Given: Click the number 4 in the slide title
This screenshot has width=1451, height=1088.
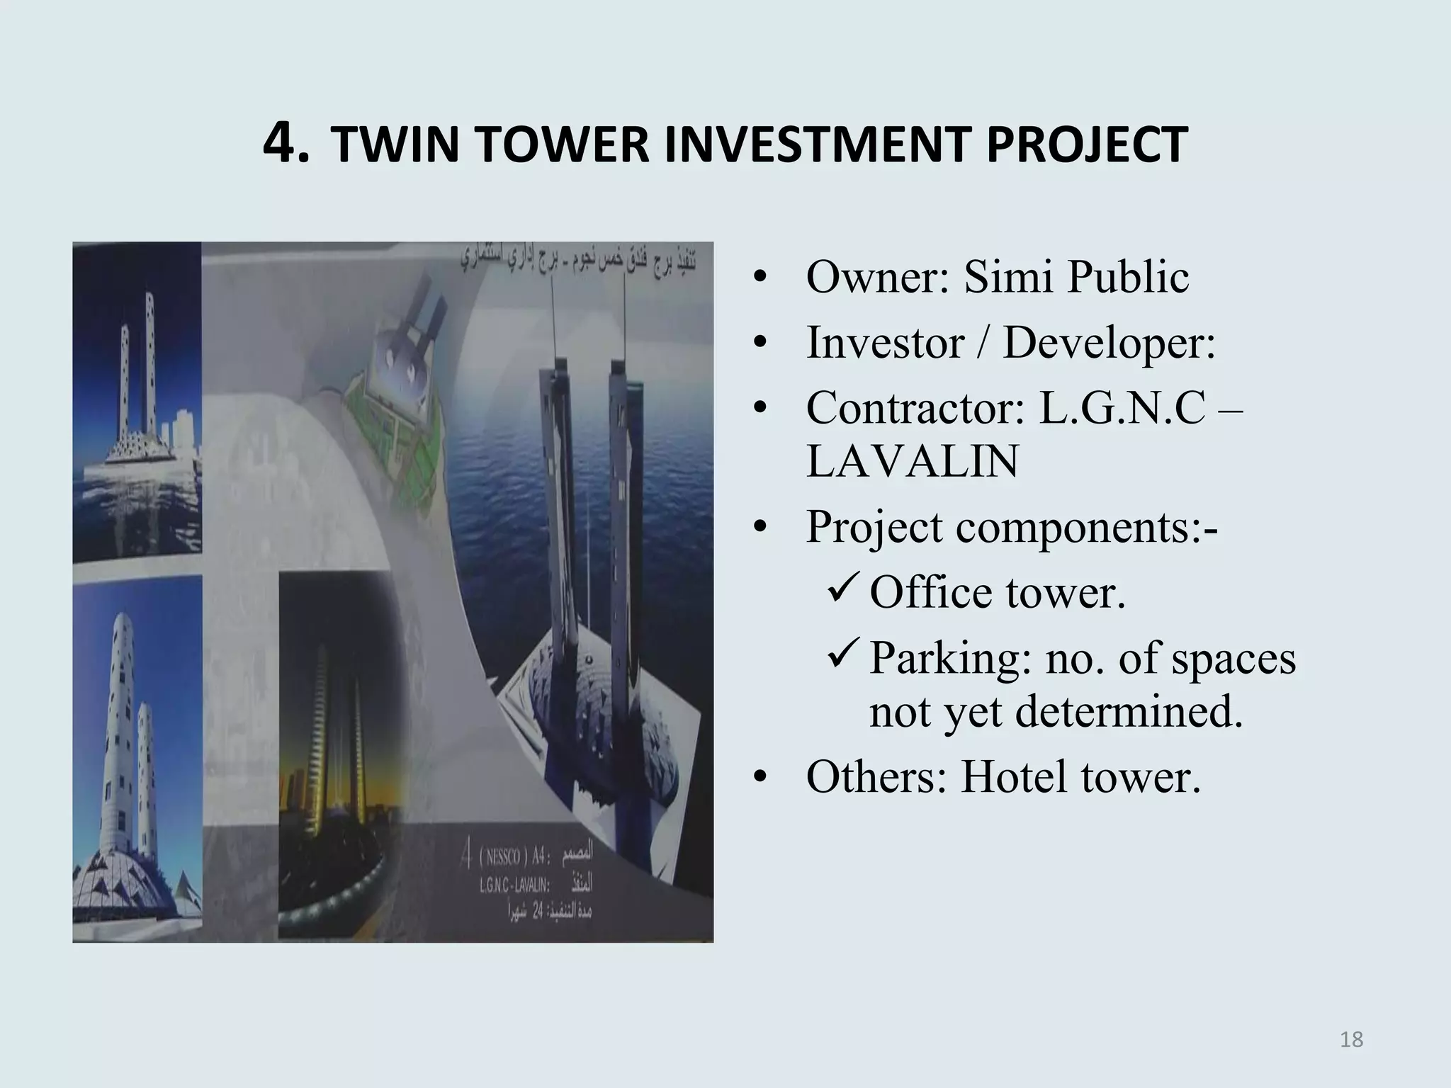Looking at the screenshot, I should [286, 144].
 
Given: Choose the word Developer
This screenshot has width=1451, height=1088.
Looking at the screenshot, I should [1109, 343].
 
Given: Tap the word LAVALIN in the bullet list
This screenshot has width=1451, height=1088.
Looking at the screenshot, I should [913, 461].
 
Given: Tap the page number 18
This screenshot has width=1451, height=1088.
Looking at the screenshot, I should [1352, 1040].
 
